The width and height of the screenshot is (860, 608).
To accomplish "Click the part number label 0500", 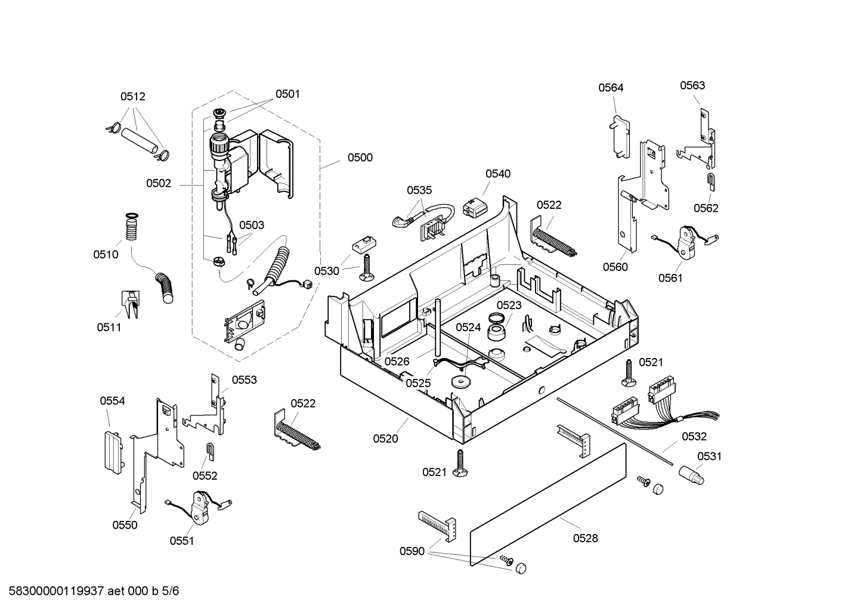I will tap(360, 158).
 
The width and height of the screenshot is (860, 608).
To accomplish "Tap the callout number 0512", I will tap(132, 97).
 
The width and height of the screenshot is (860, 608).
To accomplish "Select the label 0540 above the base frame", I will tap(497, 174).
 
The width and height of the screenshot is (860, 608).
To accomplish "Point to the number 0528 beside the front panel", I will tap(585, 538).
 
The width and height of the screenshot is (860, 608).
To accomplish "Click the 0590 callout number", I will tap(412, 551).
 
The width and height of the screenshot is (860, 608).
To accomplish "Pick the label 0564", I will tap(611, 88).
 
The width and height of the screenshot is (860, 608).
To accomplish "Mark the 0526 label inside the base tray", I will tap(397, 361).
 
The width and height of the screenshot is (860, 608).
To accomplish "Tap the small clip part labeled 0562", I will tap(710, 181).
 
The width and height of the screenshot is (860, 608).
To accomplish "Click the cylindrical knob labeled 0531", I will tap(691, 476).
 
